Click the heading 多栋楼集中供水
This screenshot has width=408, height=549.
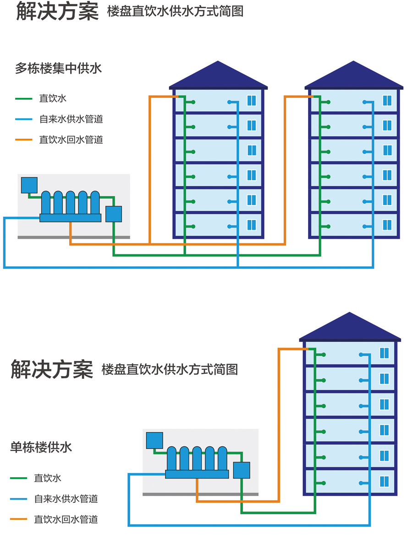58,69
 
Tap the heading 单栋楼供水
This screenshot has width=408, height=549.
41,447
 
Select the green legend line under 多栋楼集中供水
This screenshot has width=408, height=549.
24,98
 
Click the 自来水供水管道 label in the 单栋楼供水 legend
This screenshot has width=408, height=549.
66,499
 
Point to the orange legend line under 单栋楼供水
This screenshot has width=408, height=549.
19,519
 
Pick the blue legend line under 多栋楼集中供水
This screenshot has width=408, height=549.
24,119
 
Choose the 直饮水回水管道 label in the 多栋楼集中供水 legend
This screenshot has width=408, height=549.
71,140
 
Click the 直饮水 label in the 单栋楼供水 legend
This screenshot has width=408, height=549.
48,478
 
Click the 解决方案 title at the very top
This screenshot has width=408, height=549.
57,11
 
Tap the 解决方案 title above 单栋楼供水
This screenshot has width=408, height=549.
52,369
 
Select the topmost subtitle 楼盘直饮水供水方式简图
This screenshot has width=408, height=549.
175,11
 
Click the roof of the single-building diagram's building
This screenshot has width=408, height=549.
350,328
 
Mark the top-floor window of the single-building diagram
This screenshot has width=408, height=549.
384,353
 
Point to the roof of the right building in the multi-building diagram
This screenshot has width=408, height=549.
354,76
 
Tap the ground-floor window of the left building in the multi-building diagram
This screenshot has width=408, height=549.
252,225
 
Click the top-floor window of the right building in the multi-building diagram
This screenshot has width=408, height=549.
387,100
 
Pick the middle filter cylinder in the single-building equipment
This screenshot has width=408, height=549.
197,458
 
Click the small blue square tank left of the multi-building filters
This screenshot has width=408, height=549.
29,185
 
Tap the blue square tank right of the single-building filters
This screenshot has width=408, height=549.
242,470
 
